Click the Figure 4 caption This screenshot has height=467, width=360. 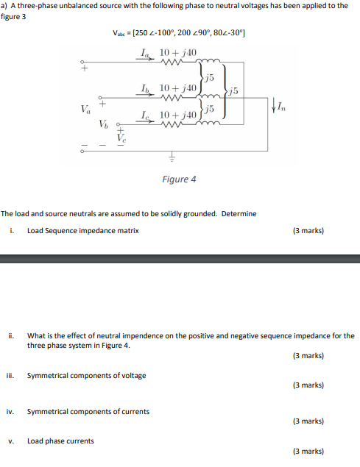point(179,179)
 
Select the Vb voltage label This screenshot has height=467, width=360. point(104,124)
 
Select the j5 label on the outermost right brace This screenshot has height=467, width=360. point(233,90)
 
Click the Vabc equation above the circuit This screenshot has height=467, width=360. point(180,34)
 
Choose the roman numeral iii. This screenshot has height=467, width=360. point(12,375)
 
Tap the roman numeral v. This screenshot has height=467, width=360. point(12,441)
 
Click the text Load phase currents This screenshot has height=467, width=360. point(60,441)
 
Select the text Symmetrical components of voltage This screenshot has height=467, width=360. point(86,375)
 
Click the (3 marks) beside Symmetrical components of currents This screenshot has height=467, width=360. point(308,421)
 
